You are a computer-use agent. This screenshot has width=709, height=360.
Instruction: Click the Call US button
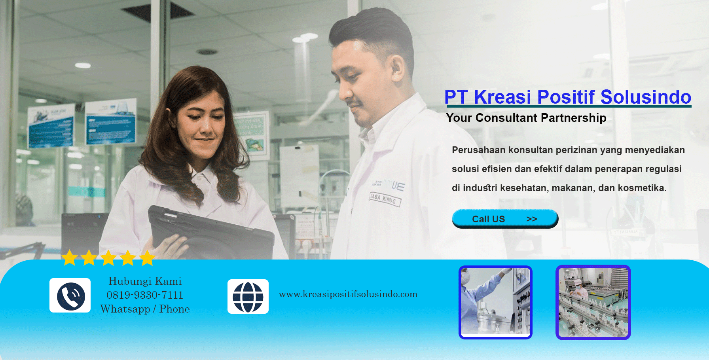505,219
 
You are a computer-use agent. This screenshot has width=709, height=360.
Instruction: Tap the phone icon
70,296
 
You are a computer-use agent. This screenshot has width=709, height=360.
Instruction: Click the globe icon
248,297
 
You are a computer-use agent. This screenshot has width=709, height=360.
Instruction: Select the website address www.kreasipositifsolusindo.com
348,294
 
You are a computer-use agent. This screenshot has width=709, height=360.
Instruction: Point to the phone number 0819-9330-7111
145,295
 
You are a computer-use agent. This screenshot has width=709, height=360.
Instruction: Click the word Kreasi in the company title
502,97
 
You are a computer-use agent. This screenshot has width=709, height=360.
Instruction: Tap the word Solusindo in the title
646,97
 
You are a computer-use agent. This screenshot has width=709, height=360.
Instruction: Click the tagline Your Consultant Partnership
526,118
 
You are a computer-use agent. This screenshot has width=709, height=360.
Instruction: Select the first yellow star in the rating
70,258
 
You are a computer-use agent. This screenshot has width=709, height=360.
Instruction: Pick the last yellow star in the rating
147,258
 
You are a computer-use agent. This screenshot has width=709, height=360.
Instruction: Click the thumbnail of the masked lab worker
495,302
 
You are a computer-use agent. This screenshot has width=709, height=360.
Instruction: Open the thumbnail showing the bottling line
593,302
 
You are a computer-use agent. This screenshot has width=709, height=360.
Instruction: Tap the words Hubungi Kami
145,281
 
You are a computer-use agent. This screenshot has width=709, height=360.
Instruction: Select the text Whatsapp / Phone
145,309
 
